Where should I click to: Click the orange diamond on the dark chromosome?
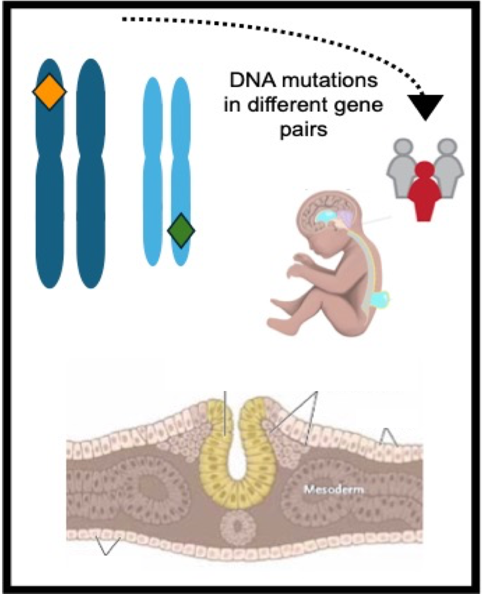[x=50, y=92]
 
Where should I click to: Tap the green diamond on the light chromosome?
[x=181, y=231]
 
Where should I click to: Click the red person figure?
[x=425, y=191]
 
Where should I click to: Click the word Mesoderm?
[x=334, y=490]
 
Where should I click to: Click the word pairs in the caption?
[x=303, y=130]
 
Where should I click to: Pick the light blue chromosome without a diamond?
[x=152, y=171]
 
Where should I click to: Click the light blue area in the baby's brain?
[x=326, y=217]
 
